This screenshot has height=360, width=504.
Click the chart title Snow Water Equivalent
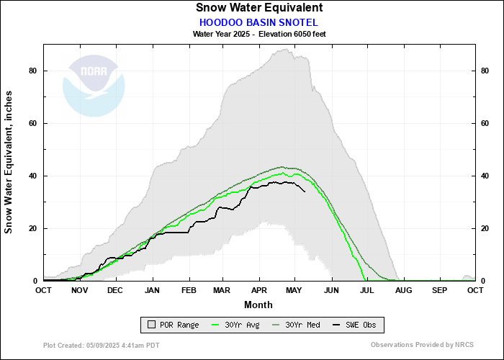pos(258,8)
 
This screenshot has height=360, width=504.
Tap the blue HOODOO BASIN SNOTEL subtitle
pos(258,22)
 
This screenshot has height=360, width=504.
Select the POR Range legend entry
pos(173,325)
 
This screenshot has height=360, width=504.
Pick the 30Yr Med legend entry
pos(297,325)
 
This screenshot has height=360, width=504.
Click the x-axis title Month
pos(258,305)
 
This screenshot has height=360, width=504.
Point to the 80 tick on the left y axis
pos(33,71)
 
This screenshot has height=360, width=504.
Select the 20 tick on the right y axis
pos(485,228)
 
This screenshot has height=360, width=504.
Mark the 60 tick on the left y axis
pos(33,123)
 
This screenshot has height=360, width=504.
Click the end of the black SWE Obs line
pos(305,192)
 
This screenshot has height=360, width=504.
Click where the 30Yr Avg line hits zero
pos(365,280)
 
